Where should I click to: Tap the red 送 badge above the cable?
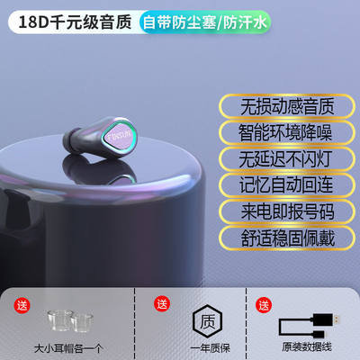[x=263, y=302]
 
